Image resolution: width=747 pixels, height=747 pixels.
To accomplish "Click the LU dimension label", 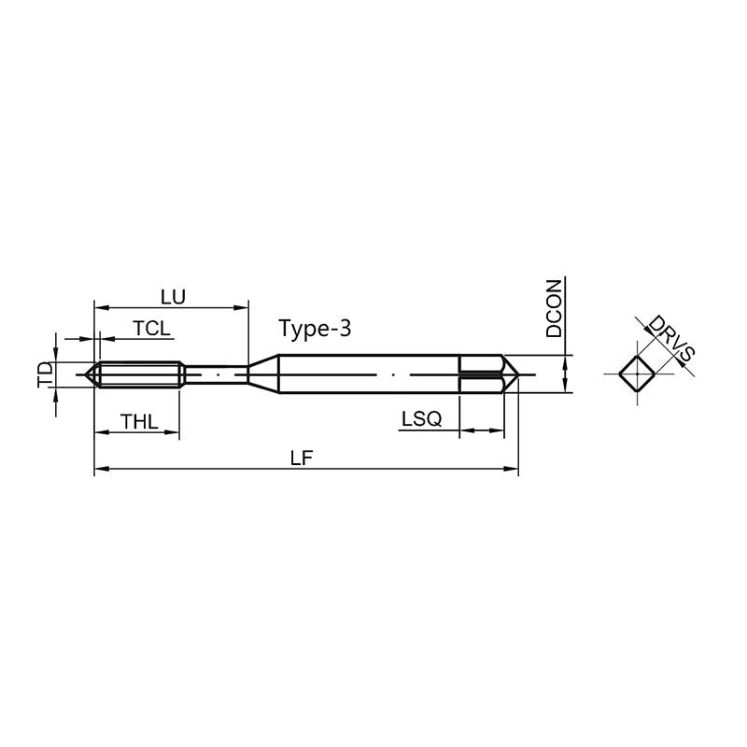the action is tap(173, 297).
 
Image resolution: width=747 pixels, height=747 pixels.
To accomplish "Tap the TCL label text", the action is tap(151, 329).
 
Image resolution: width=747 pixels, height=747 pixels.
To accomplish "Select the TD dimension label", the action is tap(45, 374).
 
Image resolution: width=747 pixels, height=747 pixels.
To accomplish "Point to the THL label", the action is tap(138, 422).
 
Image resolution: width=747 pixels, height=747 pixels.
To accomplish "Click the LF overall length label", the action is tap(302, 458).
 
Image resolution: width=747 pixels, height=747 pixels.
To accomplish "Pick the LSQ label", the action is tap(422, 419).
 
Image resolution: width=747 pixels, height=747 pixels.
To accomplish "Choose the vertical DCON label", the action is tap(554, 309).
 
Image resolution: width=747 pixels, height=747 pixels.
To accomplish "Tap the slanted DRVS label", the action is tap(671, 338).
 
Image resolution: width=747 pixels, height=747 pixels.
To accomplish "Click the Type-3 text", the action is tap(315, 329).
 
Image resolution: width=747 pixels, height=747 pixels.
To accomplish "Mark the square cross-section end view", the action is tap(637, 374).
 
